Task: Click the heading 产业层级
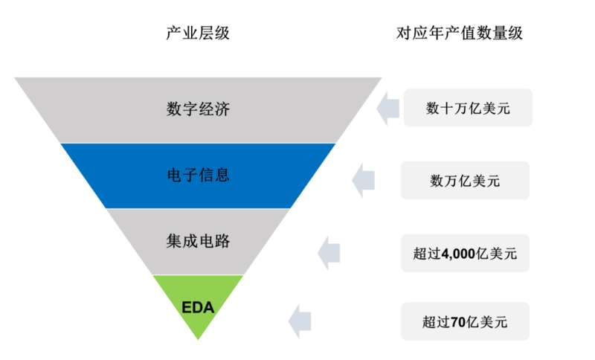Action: pos(198,33)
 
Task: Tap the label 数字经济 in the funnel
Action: pos(198,109)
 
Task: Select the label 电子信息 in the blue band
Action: pos(198,176)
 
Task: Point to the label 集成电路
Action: pos(198,242)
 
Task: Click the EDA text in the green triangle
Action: pos(198,307)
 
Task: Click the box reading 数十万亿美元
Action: pos(468,108)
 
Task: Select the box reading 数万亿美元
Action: pos(465,180)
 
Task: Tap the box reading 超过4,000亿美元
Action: pos(465,253)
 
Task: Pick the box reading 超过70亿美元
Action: pos(465,321)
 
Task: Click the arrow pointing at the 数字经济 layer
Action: pos(389,108)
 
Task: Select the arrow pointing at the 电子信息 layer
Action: pos(363,180)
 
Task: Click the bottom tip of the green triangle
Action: pos(198,338)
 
